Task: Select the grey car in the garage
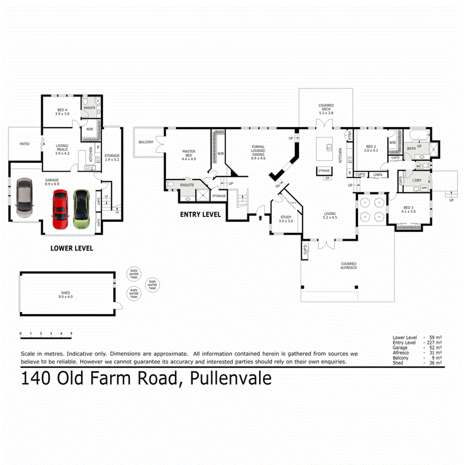coord(24,197)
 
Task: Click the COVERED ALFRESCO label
coord(349,266)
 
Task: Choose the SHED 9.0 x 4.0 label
coord(66,294)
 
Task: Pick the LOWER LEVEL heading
coord(72,248)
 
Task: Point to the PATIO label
coord(24,144)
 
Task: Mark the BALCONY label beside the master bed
coord(146,142)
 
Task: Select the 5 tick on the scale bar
coord(71,333)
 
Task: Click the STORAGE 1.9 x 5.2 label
coord(112,158)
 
